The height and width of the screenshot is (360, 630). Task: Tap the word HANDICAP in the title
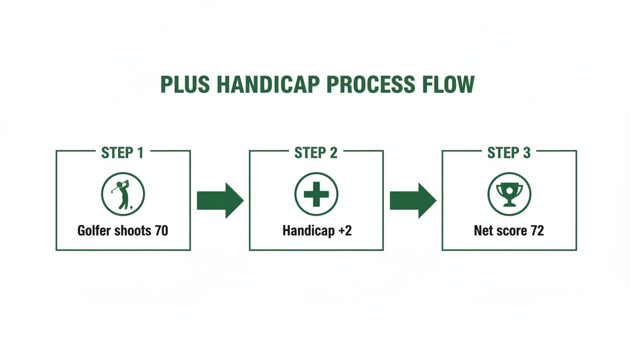pos(269,85)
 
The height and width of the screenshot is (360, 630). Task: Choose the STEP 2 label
pos(316,153)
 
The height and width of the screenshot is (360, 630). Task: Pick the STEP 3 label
pos(509,153)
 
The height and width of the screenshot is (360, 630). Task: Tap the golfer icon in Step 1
pos(123,194)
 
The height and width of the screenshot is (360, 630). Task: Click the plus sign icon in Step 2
pos(316,194)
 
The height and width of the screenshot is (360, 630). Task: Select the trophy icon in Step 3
pos(509,194)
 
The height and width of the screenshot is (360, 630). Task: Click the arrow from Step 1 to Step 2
pos(220,201)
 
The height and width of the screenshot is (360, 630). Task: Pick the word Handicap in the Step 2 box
pos(307,231)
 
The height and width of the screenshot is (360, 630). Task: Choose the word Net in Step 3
pos(483,231)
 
